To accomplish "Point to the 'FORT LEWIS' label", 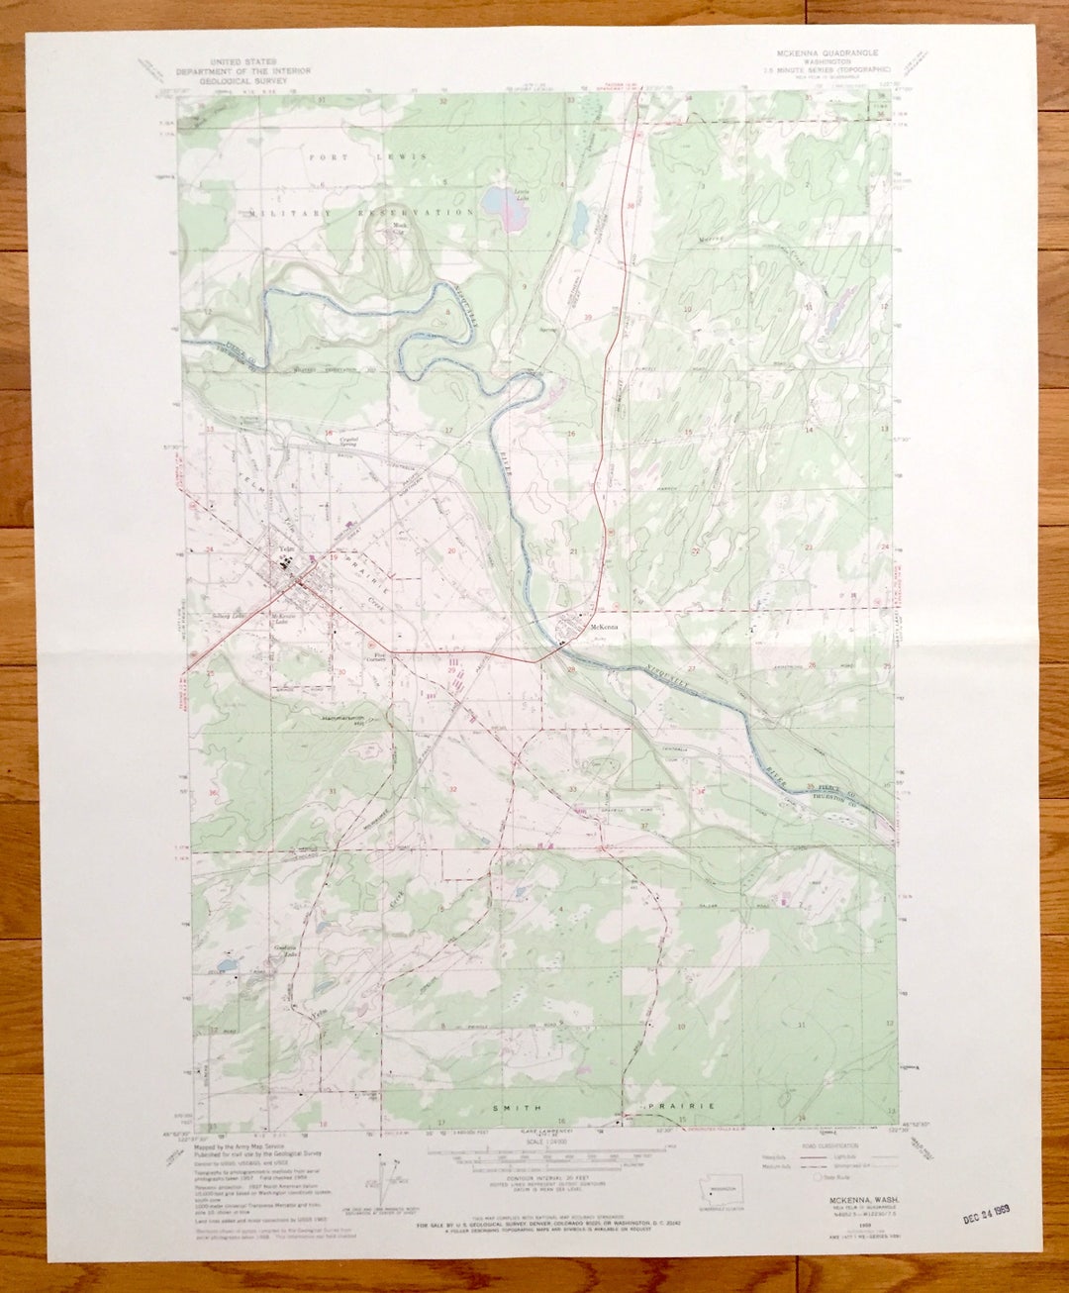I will (367, 157).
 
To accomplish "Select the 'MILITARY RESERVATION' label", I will (362, 213).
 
